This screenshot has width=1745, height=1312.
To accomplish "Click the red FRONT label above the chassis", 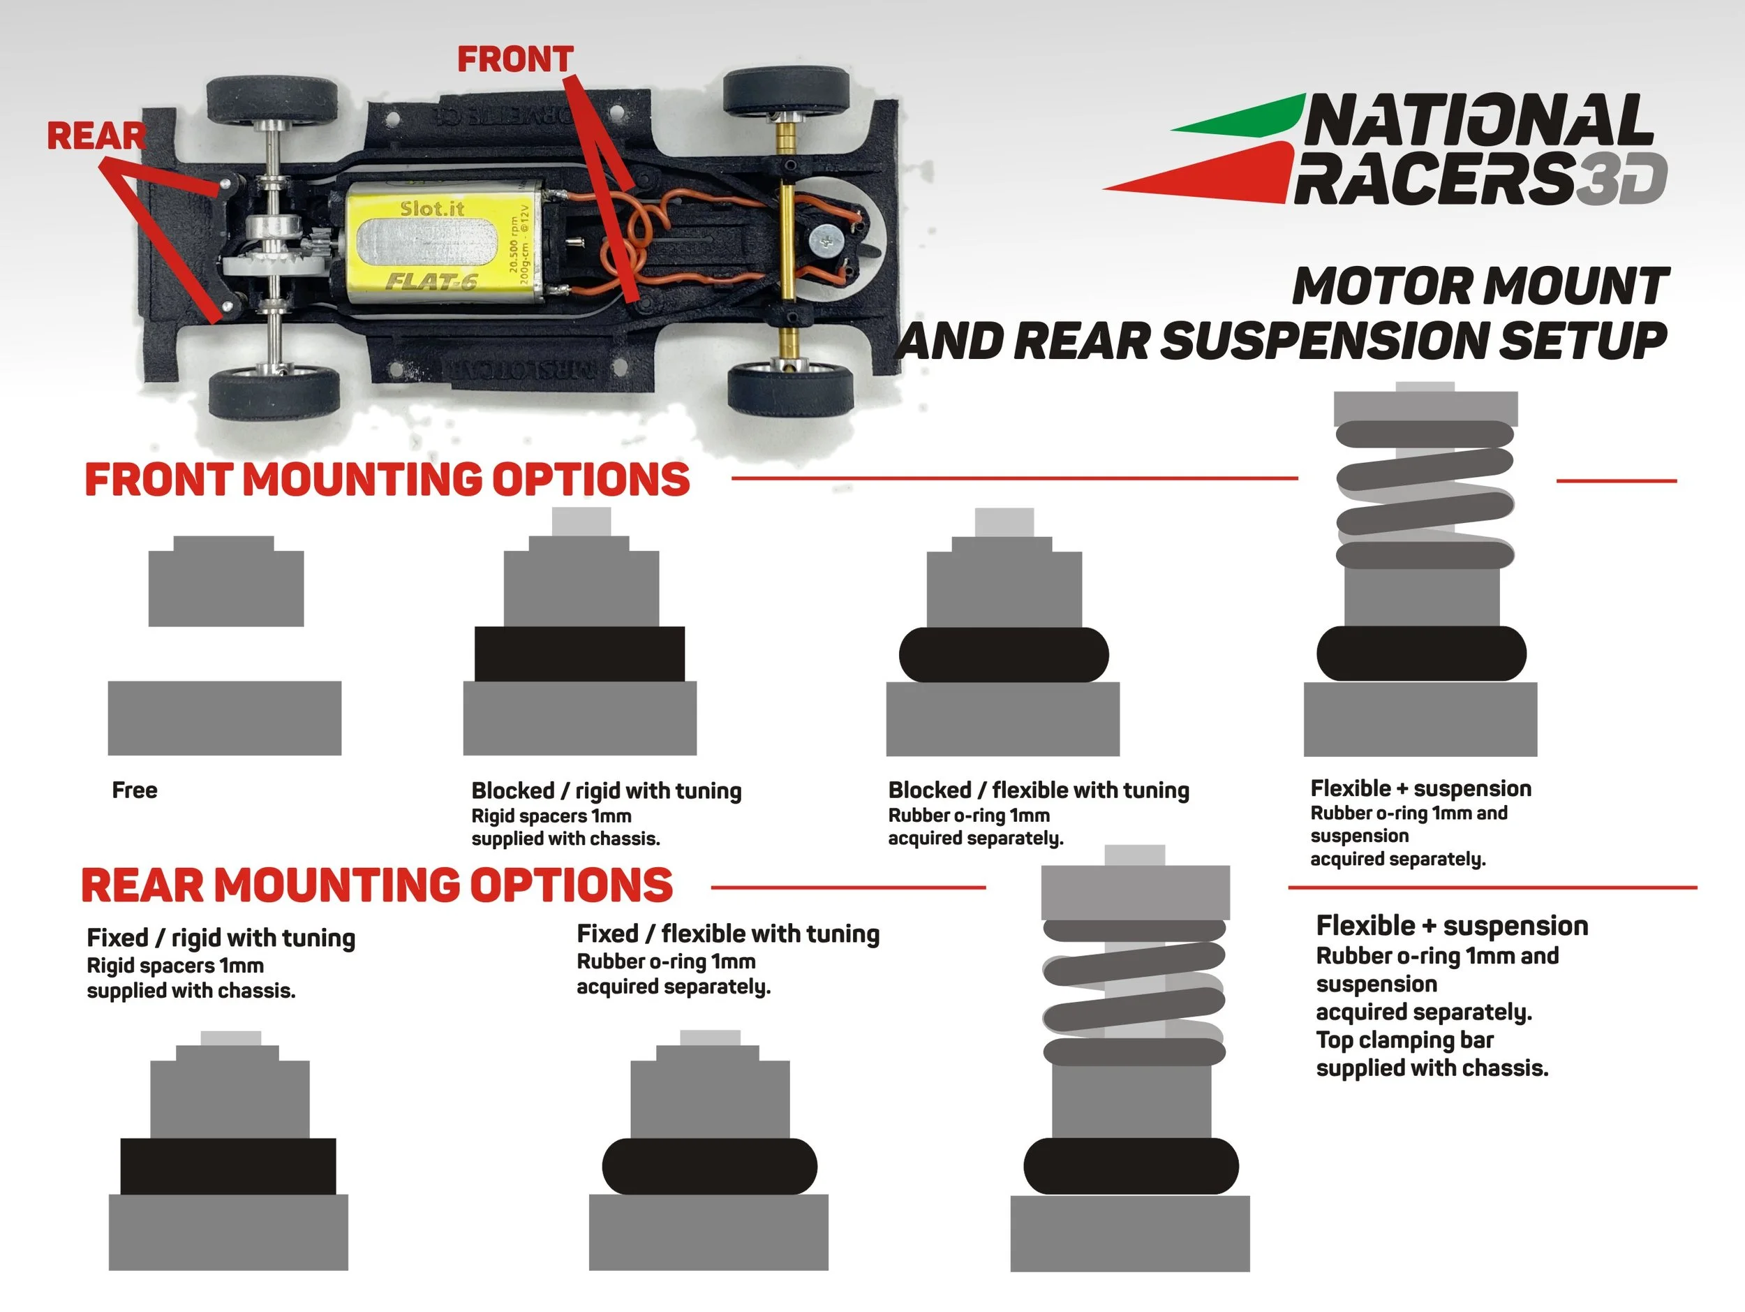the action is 515,59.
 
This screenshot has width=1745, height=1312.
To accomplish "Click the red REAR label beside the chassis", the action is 96,135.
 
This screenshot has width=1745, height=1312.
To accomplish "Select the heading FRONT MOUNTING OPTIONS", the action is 387,480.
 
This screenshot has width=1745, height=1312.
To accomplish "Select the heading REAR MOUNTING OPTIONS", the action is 377,885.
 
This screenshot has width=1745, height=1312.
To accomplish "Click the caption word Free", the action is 135,790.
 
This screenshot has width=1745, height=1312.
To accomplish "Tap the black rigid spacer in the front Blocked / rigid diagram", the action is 579,654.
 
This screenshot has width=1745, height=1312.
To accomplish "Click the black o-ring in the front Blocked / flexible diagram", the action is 1004,654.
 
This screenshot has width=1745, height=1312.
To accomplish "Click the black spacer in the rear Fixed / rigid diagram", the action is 228,1166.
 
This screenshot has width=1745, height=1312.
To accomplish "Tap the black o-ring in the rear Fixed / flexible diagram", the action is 709,1166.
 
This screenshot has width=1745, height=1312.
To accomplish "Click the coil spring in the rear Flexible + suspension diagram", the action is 1134,992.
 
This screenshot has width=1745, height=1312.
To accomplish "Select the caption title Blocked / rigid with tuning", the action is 607,790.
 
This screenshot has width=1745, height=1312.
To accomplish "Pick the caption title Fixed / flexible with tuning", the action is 728,934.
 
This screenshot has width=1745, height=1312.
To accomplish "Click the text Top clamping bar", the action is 1404,1040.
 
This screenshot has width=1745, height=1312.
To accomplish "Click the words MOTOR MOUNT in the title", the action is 1480,286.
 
